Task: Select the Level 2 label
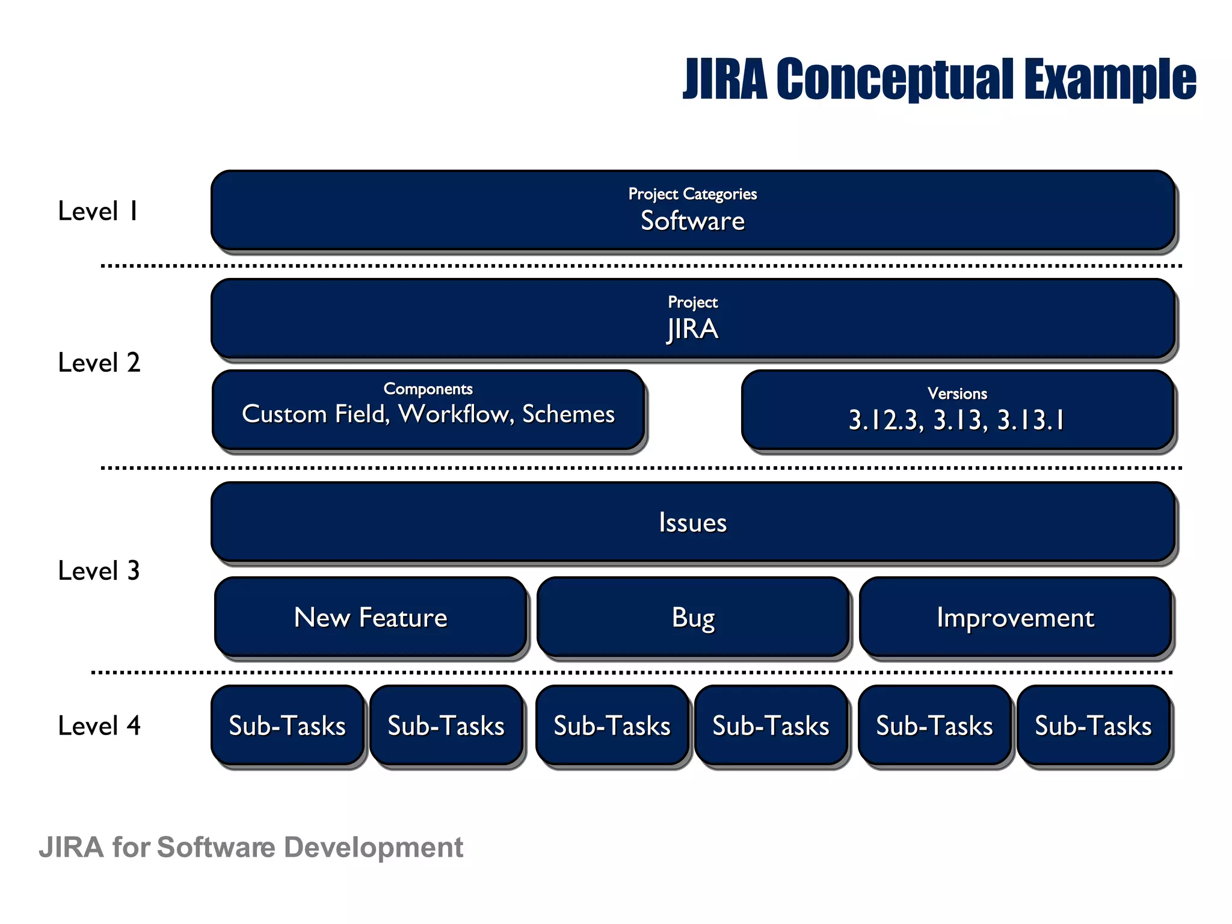99,363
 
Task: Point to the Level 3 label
99,571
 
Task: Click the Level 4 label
99,725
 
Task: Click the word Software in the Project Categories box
692,221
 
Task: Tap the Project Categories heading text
692,194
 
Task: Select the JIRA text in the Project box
692,329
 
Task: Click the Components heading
428,389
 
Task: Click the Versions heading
957,393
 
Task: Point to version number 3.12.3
885,420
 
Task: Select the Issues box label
692,522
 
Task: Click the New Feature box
371,617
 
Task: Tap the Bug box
693,617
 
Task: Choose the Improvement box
1015,617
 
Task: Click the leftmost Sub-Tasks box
288,725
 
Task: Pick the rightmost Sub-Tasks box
1093,725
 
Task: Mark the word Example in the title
1110,79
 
